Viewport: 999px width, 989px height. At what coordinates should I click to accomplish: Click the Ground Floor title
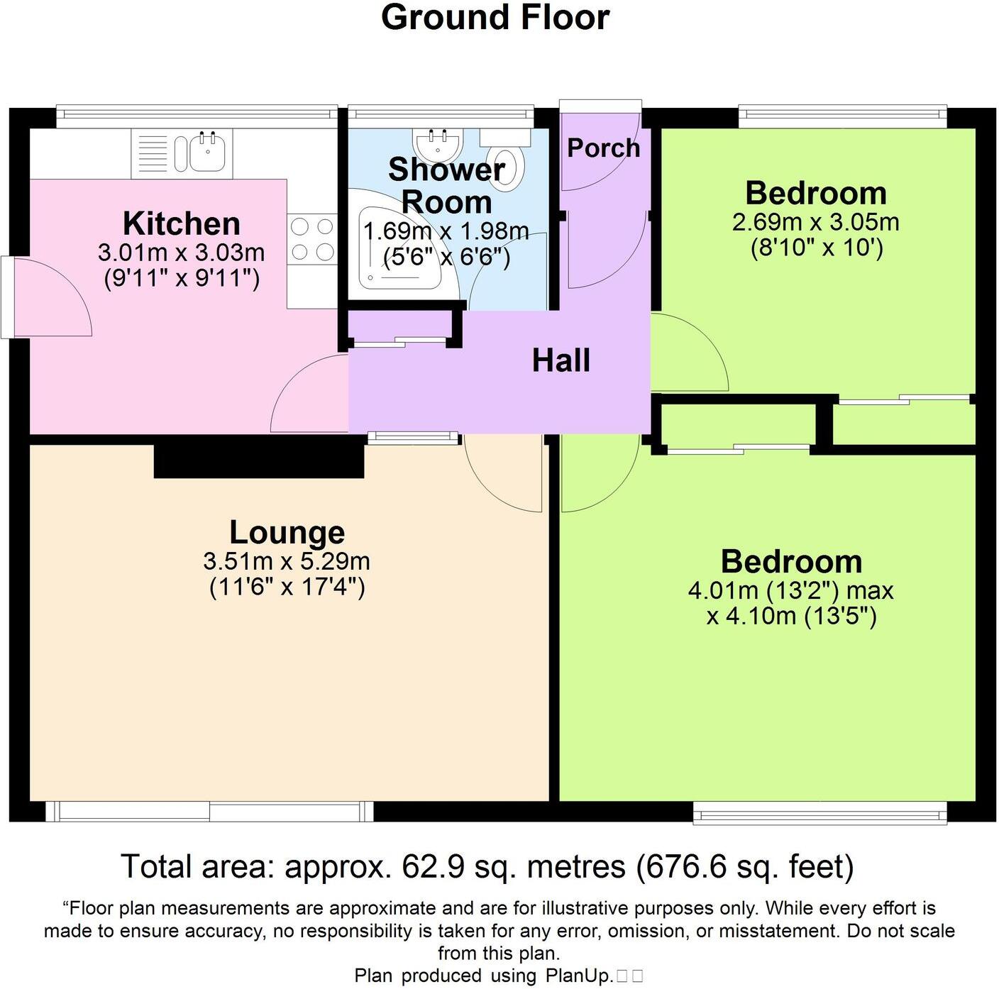pyautogui.click(x=495, y=18)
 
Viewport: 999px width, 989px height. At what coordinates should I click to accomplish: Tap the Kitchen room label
pyautogui.click(x=182, y=223)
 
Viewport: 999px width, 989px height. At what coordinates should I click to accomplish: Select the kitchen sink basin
pyautogui.click(x=208, y=152)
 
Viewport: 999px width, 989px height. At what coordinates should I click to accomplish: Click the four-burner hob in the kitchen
pyautogui.click(x=312, y=240)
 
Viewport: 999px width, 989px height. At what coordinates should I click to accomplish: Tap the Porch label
pyautogui.click(x=603, y=148)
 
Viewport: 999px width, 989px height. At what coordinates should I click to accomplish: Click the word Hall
pyautogui.click(x=561, y=360)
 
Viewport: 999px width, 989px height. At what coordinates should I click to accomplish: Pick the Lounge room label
pyautogui.click(x=287, y=532)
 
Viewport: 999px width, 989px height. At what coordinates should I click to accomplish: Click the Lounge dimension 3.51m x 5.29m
pyautogui.click(x=287, y=561)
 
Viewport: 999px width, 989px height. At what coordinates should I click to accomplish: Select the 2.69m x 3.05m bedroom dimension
pyautogui.click(x=816, y=222)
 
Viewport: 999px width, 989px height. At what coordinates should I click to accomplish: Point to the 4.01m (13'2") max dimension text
pyautogui.click(x=790, y=590)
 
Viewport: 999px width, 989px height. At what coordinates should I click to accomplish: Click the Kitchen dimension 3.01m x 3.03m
pyautogui.click(x=182, y=252)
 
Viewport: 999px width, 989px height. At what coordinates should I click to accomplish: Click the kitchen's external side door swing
pyautogui.click(x=50, y=302)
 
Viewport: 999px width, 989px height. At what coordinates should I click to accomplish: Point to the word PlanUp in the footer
pyautogui.click(x=578, y=976)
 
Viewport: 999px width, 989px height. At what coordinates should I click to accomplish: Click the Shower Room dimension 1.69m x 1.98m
pyautogui.click(x=446, y=231)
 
